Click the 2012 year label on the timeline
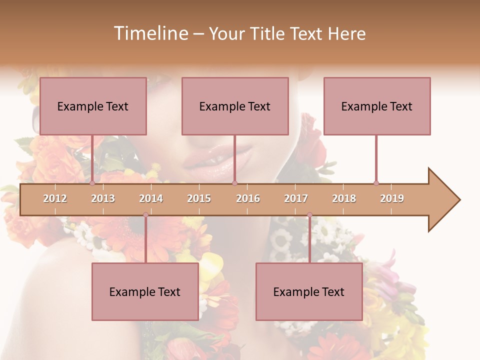coord(55,198)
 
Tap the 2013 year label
coord(103,198)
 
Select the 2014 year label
coord(151,198)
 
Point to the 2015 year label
coord(199,198)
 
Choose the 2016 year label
coord(248,198)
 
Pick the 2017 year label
coord(296,198)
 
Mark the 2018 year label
coord(344,198)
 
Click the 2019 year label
coord(392,198)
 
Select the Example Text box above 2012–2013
coord(93,106)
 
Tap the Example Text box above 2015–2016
coord(235,106)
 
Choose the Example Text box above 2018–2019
coord(377,106)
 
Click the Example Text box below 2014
coord(145,291)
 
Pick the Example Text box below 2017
coord(309,291)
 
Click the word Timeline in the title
coord(150,33)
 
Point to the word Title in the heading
coord(269,33)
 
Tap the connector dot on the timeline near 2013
coord(92,183)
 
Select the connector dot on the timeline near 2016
coord(234,183)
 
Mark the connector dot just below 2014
coord(145,214)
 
